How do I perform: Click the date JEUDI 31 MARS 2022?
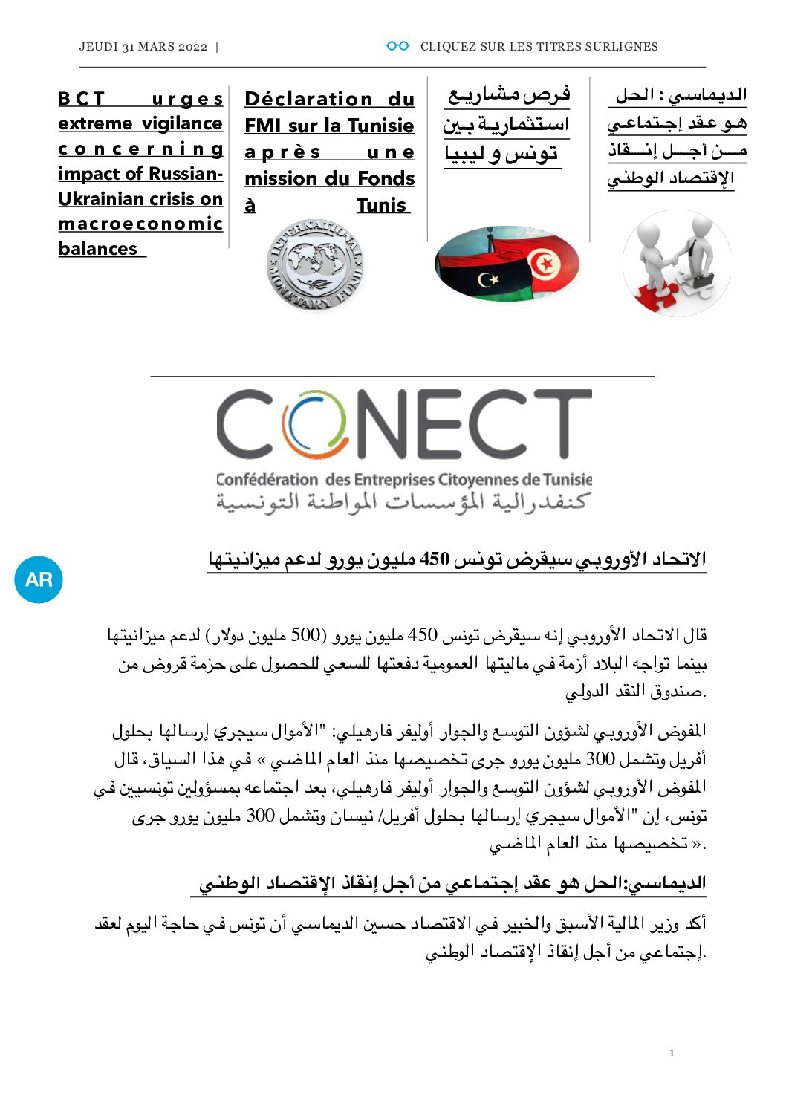pyautogui.click(x=143, y=46)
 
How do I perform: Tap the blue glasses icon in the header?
pyautogui.click(x=397, y=46)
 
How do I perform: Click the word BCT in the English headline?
pyautogui.click(x=82, y=98)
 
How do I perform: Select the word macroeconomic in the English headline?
pyautogui.click(x=140, y=224)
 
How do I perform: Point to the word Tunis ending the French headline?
pyautogui.click(x=381, y=205)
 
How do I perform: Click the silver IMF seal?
pyautogui.click(x=315, y=264)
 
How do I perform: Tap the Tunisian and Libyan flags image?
pyautogui.click(x=507, y=264)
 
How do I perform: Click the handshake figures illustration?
pyautogui.click(x=677, y=263)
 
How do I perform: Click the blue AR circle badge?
pyautogui.click(x=39, y=579)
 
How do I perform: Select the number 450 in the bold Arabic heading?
pyautogui.click(x=435, y=559)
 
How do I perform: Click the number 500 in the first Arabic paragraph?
pyautogui.click(x=305, y=635)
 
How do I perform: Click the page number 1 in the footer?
pyautogui.click(x=672, y=1053)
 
